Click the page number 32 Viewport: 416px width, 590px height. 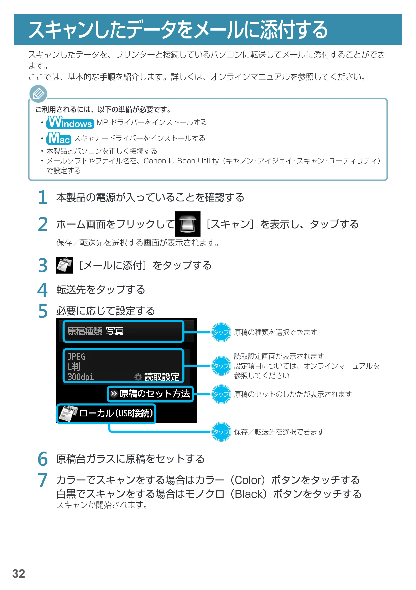click(19, 574)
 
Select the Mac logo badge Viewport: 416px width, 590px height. click(59, 138)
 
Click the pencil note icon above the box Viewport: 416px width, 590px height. click(38, 94)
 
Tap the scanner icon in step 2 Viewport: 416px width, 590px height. click(188, 224)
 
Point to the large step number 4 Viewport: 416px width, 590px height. click(43, 290)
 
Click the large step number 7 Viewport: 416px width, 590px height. click(43, 480)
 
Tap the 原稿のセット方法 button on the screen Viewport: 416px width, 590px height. click(150, 394)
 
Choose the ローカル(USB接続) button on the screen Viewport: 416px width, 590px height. click(106, 413)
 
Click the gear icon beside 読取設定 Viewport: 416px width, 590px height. click(138, 377)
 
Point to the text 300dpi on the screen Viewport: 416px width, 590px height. click(80, 377)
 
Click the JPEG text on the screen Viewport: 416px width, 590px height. click(76, 357)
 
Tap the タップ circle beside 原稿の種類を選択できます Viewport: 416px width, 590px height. click(221, 332)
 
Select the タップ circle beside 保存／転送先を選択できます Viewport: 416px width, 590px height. click(221, 432)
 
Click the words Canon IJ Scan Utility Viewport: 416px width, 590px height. click(181, 161)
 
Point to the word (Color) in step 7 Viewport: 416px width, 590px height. click(251, 480)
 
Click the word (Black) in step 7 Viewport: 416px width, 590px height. click(251, 494)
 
